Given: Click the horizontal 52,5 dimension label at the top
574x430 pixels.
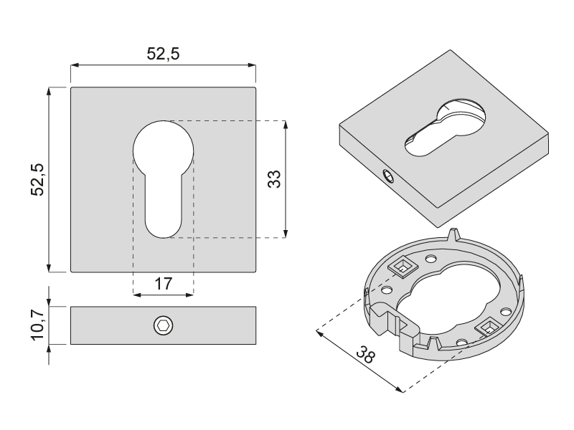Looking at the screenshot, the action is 164,54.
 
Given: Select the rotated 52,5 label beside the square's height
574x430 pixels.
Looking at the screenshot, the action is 38,180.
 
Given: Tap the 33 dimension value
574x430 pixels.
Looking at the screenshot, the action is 274,179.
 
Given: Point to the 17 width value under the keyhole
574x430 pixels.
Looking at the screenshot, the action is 164,284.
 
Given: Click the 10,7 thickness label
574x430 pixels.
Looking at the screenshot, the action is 38,325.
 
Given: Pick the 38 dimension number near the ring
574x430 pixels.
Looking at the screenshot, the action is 365,354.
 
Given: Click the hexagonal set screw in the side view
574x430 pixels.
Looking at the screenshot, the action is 164,325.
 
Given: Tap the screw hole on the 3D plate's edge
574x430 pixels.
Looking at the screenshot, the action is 388,177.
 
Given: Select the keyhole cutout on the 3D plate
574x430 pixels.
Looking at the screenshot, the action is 445,128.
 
